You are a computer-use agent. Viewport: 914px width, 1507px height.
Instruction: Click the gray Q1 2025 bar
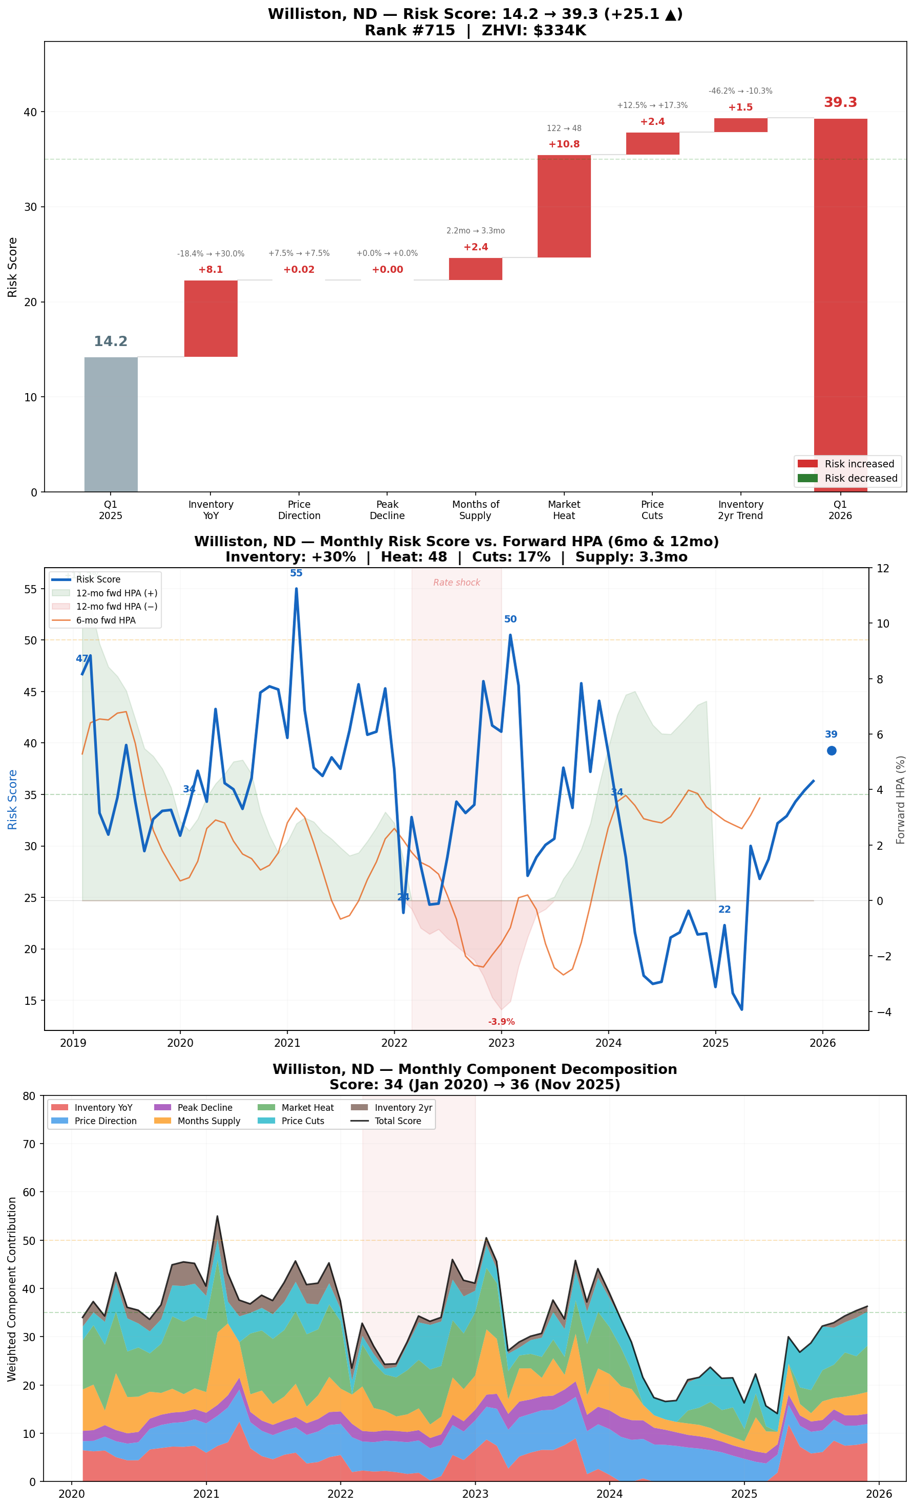[111, 424]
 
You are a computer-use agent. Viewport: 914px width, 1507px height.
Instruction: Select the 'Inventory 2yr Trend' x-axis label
[740, 509]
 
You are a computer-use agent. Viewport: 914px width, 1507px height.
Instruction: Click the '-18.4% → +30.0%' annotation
[210, 253]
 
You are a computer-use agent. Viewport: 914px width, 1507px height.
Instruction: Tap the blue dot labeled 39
[832, 750]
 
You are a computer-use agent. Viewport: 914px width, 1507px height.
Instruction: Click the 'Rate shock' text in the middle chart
[456, 582]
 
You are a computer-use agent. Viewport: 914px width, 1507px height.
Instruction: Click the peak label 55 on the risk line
[296, 573]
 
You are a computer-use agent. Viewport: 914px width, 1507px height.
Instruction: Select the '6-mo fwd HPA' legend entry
[105, 620]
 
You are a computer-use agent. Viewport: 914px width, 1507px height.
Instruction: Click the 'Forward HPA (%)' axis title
[900, 800]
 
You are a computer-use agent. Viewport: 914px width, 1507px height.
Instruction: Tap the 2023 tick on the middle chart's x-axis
[501, 1043]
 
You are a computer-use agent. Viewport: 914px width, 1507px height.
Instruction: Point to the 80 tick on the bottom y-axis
[29, 1095]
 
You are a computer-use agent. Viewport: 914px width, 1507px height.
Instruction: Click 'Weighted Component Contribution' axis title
[12, 1288]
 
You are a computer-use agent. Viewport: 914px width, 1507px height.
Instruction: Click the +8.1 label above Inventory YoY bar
[210, 270]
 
